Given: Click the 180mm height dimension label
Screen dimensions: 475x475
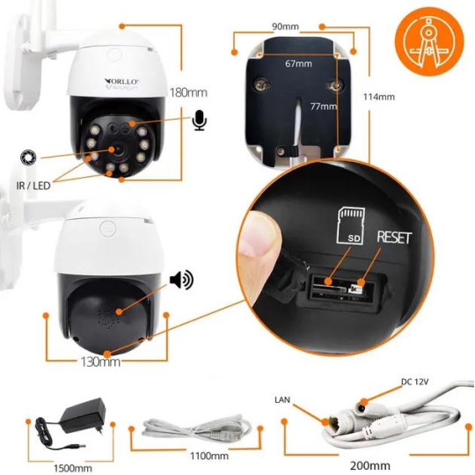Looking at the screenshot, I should [191, 91].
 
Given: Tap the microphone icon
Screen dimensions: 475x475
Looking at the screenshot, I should [200, 121].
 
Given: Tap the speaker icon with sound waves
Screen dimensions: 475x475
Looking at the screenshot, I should [181, 280].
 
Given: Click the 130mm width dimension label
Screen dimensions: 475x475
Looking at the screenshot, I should [100, 361].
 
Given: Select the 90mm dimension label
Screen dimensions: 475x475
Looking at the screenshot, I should [283, 27].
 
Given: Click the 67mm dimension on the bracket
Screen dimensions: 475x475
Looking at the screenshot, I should [298, 63].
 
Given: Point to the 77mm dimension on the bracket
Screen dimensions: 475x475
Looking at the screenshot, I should [323, 106].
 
